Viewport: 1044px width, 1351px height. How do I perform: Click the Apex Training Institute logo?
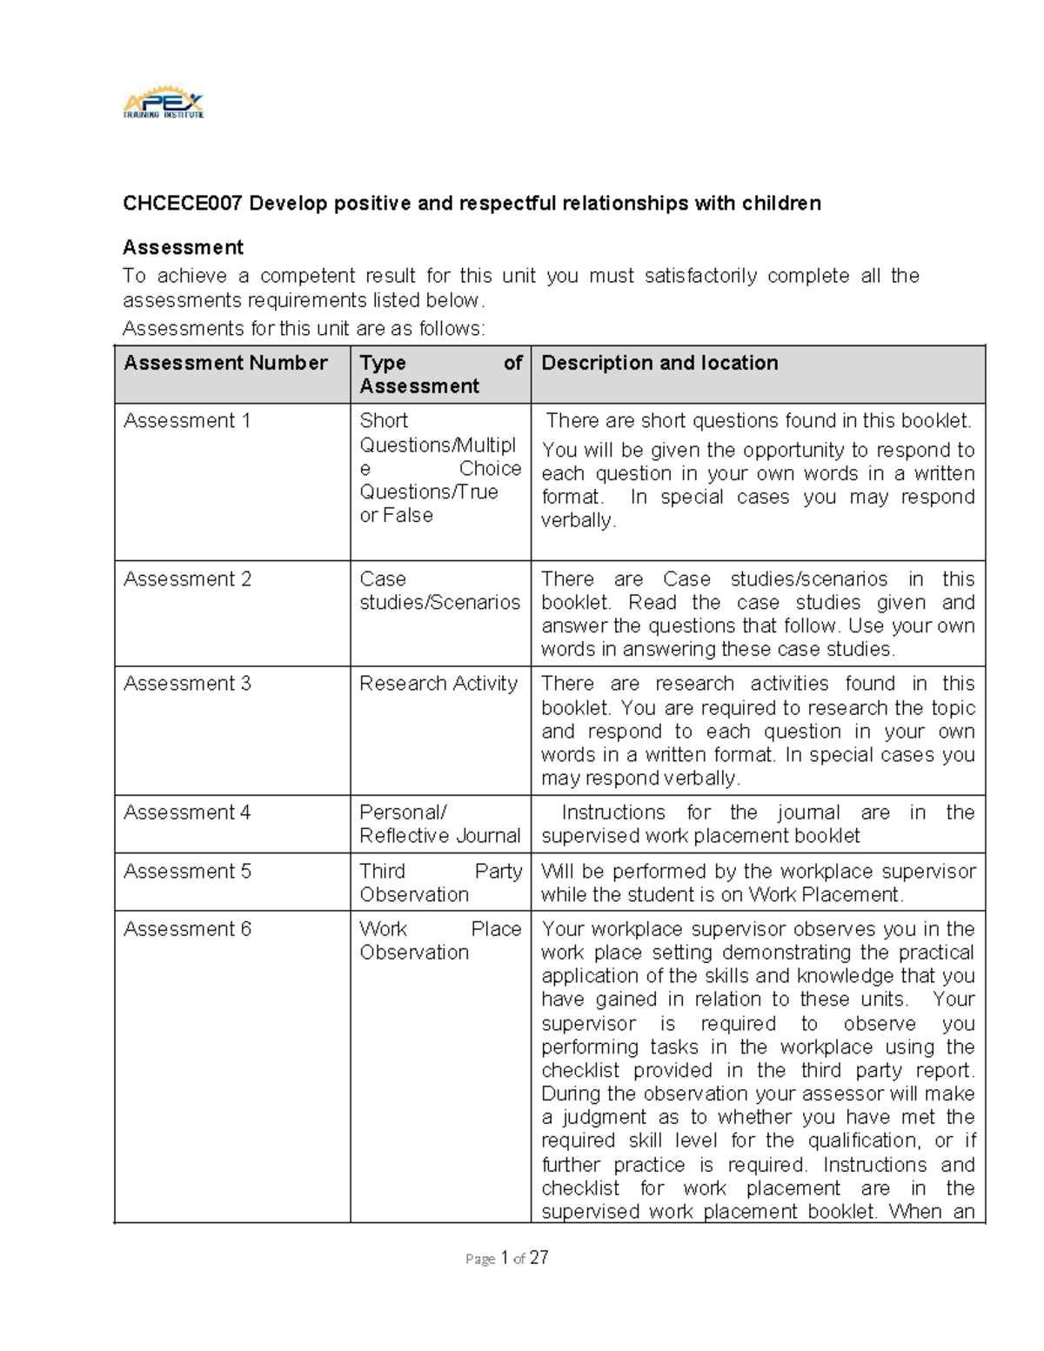click(164, 104)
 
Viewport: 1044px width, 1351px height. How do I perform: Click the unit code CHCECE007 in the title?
click(182, 204)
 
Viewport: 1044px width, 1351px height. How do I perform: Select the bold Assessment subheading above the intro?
click(183, 247)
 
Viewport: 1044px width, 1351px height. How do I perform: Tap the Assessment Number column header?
click(225, 363)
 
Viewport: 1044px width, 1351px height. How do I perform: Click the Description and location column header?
click(659, 363)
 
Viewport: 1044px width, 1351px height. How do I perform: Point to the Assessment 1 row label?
click(187, 421)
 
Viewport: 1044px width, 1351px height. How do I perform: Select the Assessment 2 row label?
click(187, 579)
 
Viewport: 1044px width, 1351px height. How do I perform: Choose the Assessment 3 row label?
click(187, 684)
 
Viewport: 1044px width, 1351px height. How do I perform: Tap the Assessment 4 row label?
click(187, 813)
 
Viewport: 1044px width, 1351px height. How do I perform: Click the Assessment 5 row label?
click(187, 872)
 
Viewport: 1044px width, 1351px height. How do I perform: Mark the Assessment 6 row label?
click(187, 929)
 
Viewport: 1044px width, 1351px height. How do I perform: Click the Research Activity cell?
click(438, 684)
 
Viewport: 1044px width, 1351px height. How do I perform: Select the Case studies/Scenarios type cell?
click(439, 591)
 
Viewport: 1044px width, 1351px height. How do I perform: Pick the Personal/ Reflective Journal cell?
click(439, 824)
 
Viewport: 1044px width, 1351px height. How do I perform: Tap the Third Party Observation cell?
click(439, 883)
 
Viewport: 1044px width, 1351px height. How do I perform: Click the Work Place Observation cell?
click(439, 940)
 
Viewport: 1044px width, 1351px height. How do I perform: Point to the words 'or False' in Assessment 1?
click(396, 515)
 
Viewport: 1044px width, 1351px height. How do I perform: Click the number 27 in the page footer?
click(539, 1257)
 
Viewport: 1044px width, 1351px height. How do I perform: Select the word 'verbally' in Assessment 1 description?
click(577, 520)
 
